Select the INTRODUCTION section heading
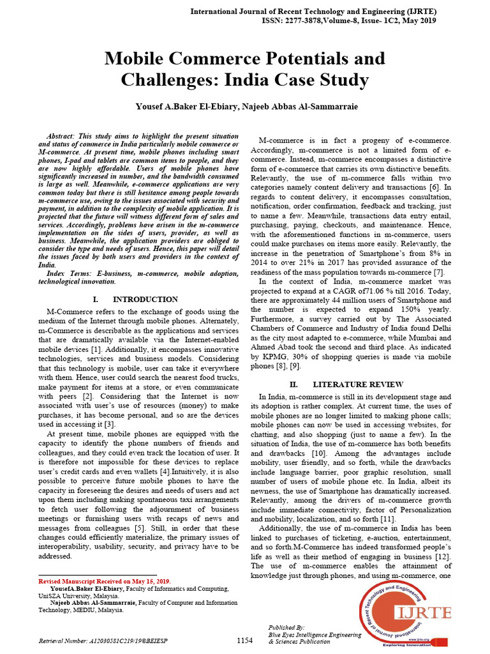[x=145, y=300]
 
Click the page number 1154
[x=245, y=640]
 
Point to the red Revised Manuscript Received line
[x=105, y=582]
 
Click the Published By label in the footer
[x=287, y=628]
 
